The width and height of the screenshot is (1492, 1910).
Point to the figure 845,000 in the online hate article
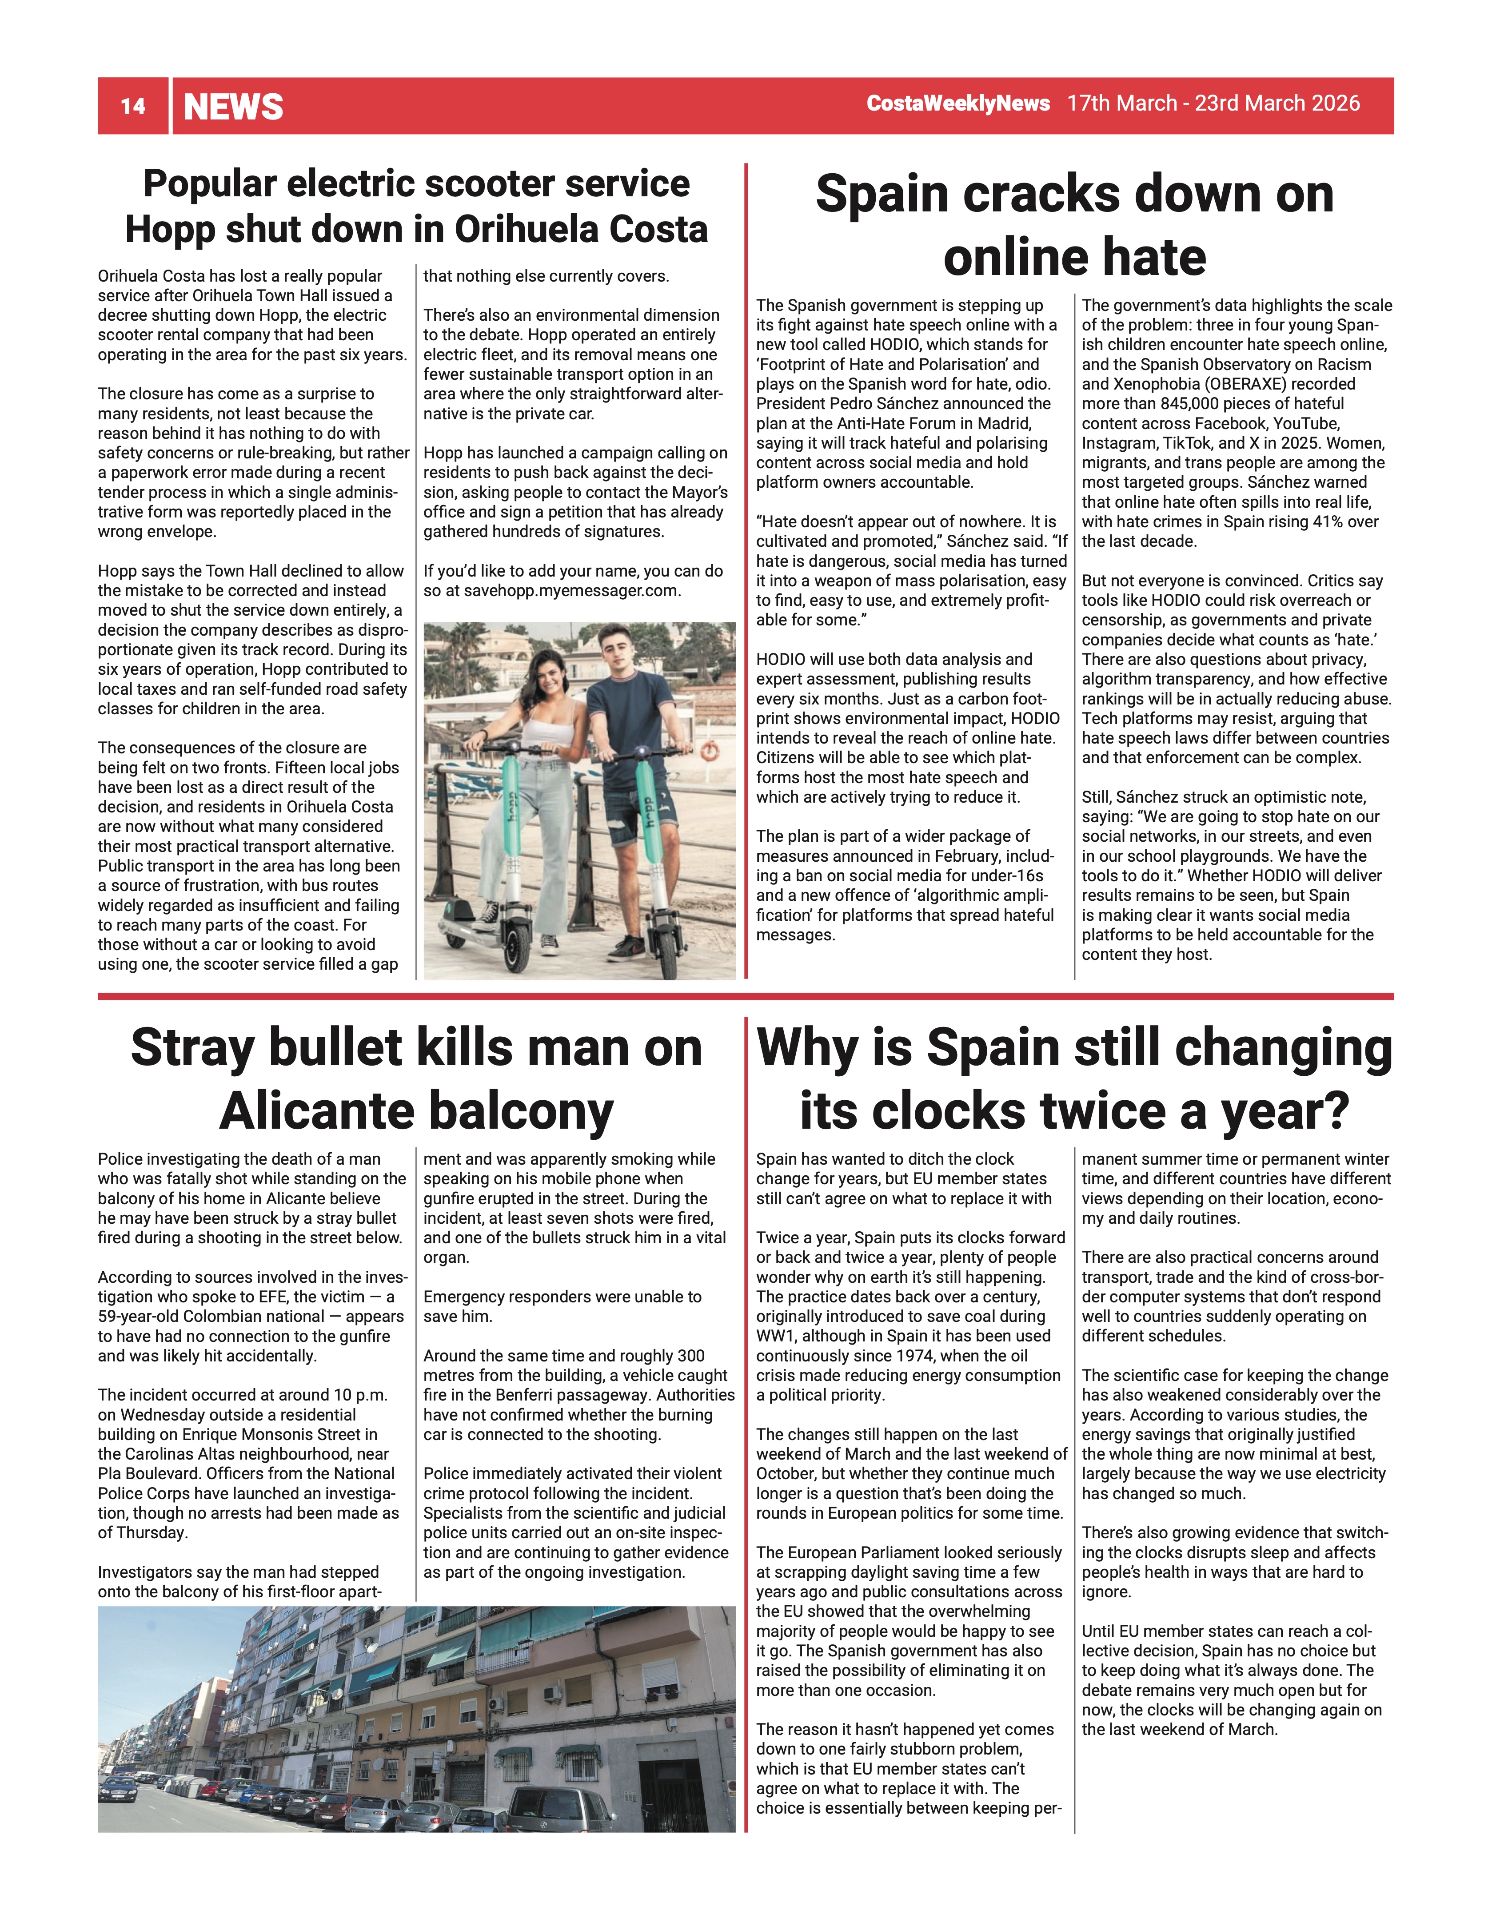pyautogui.click(x=1197, y=403)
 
